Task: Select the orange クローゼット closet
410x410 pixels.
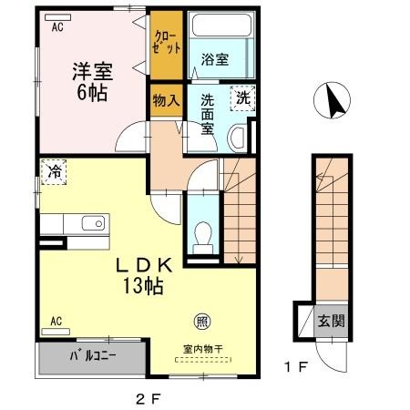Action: point(167,43)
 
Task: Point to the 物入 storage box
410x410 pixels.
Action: point(166,99)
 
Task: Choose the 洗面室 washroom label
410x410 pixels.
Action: point(208,115)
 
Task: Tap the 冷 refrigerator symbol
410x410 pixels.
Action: point(53,170)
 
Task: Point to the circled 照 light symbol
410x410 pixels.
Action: point(200,321)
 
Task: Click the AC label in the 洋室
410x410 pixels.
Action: point(57,27)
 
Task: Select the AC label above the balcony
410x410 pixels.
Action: point(56,321)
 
